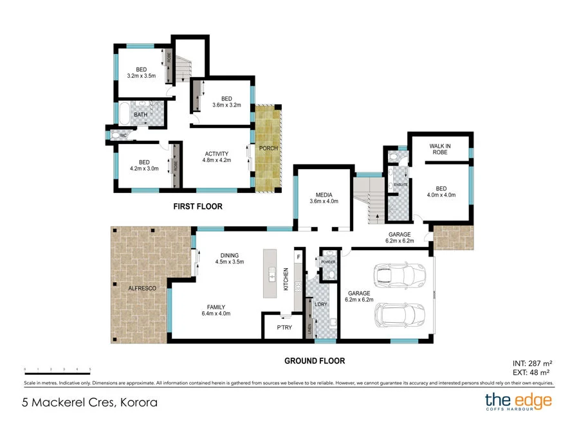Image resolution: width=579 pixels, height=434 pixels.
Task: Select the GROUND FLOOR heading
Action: pyautogui.click(x=315, y=361)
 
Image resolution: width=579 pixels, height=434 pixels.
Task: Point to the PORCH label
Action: pyautogui.click(x=268, y=148)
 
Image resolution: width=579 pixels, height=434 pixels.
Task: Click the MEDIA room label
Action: pyautogui.click(x=324, y=194)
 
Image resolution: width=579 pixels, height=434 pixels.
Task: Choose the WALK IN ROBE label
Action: pyautogui.click(x=440, y=150)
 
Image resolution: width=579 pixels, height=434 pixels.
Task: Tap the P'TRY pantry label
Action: pyautogui.click(x=284, y=327)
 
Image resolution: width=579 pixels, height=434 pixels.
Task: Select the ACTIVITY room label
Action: pyautogui.click(x=217, y=154)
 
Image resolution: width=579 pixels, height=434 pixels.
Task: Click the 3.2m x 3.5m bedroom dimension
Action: pyautogui.click(x=142, y=76)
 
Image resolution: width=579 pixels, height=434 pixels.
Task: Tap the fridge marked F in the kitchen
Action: pyautogui.click(x=298, y=257)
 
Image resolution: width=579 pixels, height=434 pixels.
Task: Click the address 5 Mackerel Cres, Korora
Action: pyautogui.click(x=89, y=403)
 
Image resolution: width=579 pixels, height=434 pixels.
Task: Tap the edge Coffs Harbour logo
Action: pyautogui.click(x=518, y=402)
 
